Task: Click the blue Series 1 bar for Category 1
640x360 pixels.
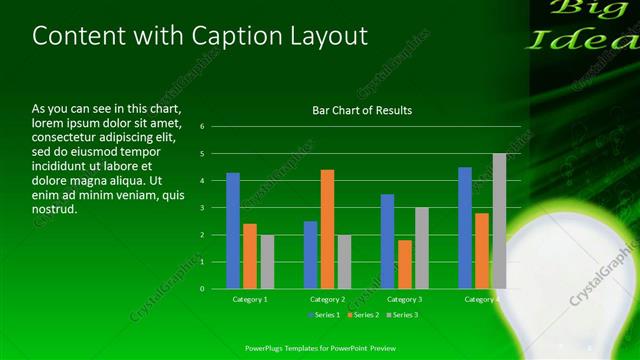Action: coord(233,231)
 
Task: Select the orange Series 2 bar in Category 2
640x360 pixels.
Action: coord(327,229)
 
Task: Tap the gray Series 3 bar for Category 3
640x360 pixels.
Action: coord(422,248)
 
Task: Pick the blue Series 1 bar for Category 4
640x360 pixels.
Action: coord(465,228)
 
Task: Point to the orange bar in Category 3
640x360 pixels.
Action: coord(404,264)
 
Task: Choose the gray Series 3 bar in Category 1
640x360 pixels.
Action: coord(267,262)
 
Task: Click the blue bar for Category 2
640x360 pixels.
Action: coord(310,255)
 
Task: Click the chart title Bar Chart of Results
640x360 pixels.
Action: coord(362,110)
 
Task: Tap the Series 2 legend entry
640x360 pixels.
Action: coord(362,315)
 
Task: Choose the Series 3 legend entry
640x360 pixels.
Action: coord(400,315)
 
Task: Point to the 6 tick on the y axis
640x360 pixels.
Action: coord(202,127)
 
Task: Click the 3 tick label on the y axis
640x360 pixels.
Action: coord(202,208)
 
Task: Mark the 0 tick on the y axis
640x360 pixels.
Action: coord(202,289)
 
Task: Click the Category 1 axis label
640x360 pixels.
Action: coord(250,299)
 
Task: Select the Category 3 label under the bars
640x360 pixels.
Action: coord(404,299)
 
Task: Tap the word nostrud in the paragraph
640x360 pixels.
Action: coord(54,210)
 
